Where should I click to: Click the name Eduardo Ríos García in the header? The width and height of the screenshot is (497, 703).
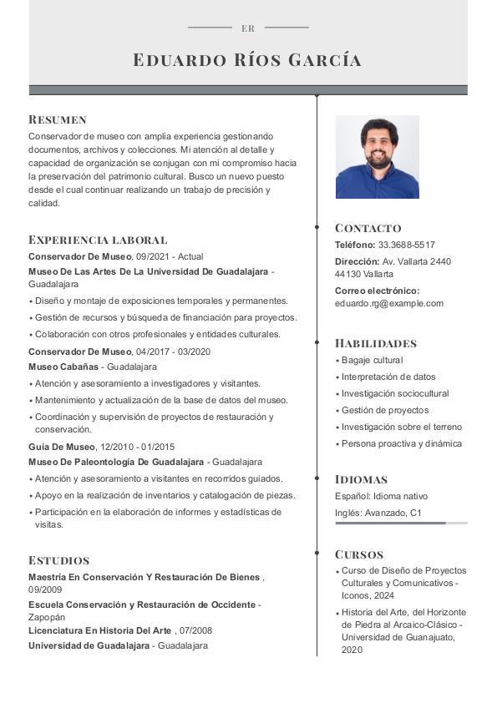pos(247,60)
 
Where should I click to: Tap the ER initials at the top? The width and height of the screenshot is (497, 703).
pos(248,28)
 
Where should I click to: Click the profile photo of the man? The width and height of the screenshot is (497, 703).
pos(377,157)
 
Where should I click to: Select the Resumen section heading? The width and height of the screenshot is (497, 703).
pos(58,119)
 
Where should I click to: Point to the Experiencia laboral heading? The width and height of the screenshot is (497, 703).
pos(98,240)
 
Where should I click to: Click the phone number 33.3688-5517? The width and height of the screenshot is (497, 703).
pos(407,245)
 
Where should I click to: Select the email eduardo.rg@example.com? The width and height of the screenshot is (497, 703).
pos(389,303)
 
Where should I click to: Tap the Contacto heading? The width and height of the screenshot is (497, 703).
pos(368,228)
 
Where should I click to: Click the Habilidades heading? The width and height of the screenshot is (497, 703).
pos(375,343)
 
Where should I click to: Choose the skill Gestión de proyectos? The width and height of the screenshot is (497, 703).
pos(385,410)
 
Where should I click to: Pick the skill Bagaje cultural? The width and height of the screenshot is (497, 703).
pos(372,360)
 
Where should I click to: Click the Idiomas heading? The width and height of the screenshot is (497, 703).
pos(361,479)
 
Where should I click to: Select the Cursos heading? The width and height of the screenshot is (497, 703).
pos(359,554)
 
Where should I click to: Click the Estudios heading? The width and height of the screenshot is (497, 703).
pos(58,560)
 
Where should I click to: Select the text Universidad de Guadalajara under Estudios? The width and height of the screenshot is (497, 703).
pos(89,645)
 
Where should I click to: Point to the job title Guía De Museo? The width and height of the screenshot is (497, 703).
pos(61,447)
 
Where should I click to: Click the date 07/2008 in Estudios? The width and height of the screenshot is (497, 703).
pos(195,630)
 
